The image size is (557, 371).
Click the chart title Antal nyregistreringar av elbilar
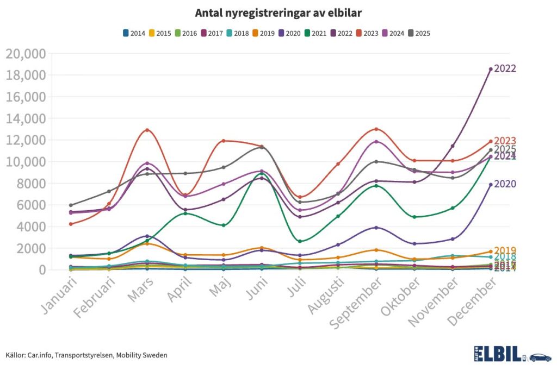coord(278,12)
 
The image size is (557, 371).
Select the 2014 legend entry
coord(134,33)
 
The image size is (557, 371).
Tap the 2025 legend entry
coord(419,33)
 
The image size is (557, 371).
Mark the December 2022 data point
coord(491,69)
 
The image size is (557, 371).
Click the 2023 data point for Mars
coord(147,130)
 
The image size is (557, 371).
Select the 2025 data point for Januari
coord(71,205)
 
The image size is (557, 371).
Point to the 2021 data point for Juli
coord(300,241)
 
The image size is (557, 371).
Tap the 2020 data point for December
coord(491,185)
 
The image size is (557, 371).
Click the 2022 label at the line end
coord(505,69)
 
